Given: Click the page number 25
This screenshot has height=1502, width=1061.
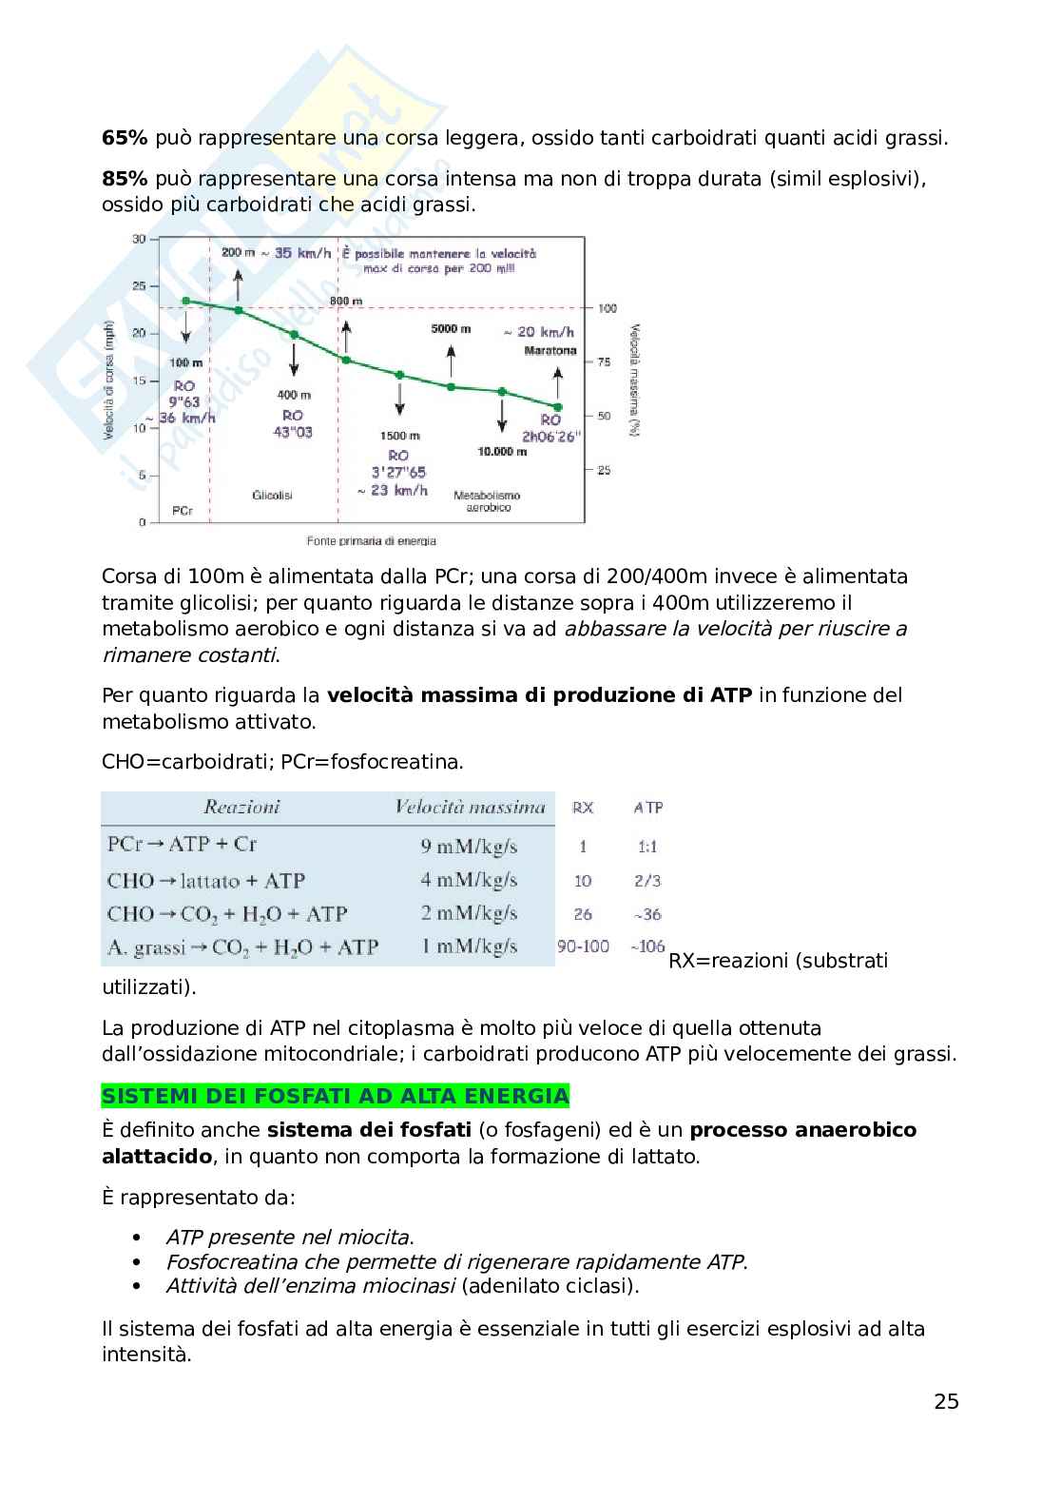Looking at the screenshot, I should click(946, 1401).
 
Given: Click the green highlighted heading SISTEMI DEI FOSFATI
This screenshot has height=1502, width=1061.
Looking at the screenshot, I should click(335, 1096).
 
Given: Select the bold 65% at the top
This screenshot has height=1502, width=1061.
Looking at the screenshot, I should click(124, 138).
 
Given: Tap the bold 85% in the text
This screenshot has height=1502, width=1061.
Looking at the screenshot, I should click(124, 179).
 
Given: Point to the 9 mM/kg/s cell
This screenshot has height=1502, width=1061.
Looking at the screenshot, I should click(469, 846).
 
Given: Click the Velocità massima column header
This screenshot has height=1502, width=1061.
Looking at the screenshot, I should click(470, 808).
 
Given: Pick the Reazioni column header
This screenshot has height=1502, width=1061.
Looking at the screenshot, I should click(241, 808).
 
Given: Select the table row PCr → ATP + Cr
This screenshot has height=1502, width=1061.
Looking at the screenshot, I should click(183, 845).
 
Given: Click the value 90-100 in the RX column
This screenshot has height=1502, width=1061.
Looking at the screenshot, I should click(583, 947).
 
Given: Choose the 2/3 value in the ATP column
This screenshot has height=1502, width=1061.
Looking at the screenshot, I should click(647, 881).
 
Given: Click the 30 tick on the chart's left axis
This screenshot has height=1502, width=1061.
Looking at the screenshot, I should click(139, 239).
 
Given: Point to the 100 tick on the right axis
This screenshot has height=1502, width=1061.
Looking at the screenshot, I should click(608, 308).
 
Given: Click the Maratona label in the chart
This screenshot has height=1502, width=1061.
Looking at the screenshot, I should click(550, 351).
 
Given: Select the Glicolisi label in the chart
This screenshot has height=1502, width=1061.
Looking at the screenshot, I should click(272, 496).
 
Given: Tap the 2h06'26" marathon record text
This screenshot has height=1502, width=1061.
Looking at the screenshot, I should click(550, 438).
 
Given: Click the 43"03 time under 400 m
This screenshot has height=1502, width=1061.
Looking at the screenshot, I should click(293, 433).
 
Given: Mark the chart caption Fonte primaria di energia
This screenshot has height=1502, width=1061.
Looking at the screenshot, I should click(371, 541).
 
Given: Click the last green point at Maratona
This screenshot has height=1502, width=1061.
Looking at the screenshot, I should click(557, 406).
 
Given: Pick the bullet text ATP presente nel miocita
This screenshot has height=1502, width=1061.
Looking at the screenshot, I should click(290, 1238).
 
